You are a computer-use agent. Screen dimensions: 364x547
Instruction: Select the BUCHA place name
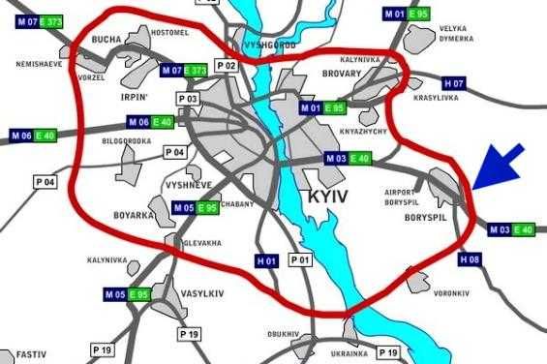[x=106, y=40]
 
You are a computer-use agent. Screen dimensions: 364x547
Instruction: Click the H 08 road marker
[x=470, y=258]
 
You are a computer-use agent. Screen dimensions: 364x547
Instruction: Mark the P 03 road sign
[x=188, y=99]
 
